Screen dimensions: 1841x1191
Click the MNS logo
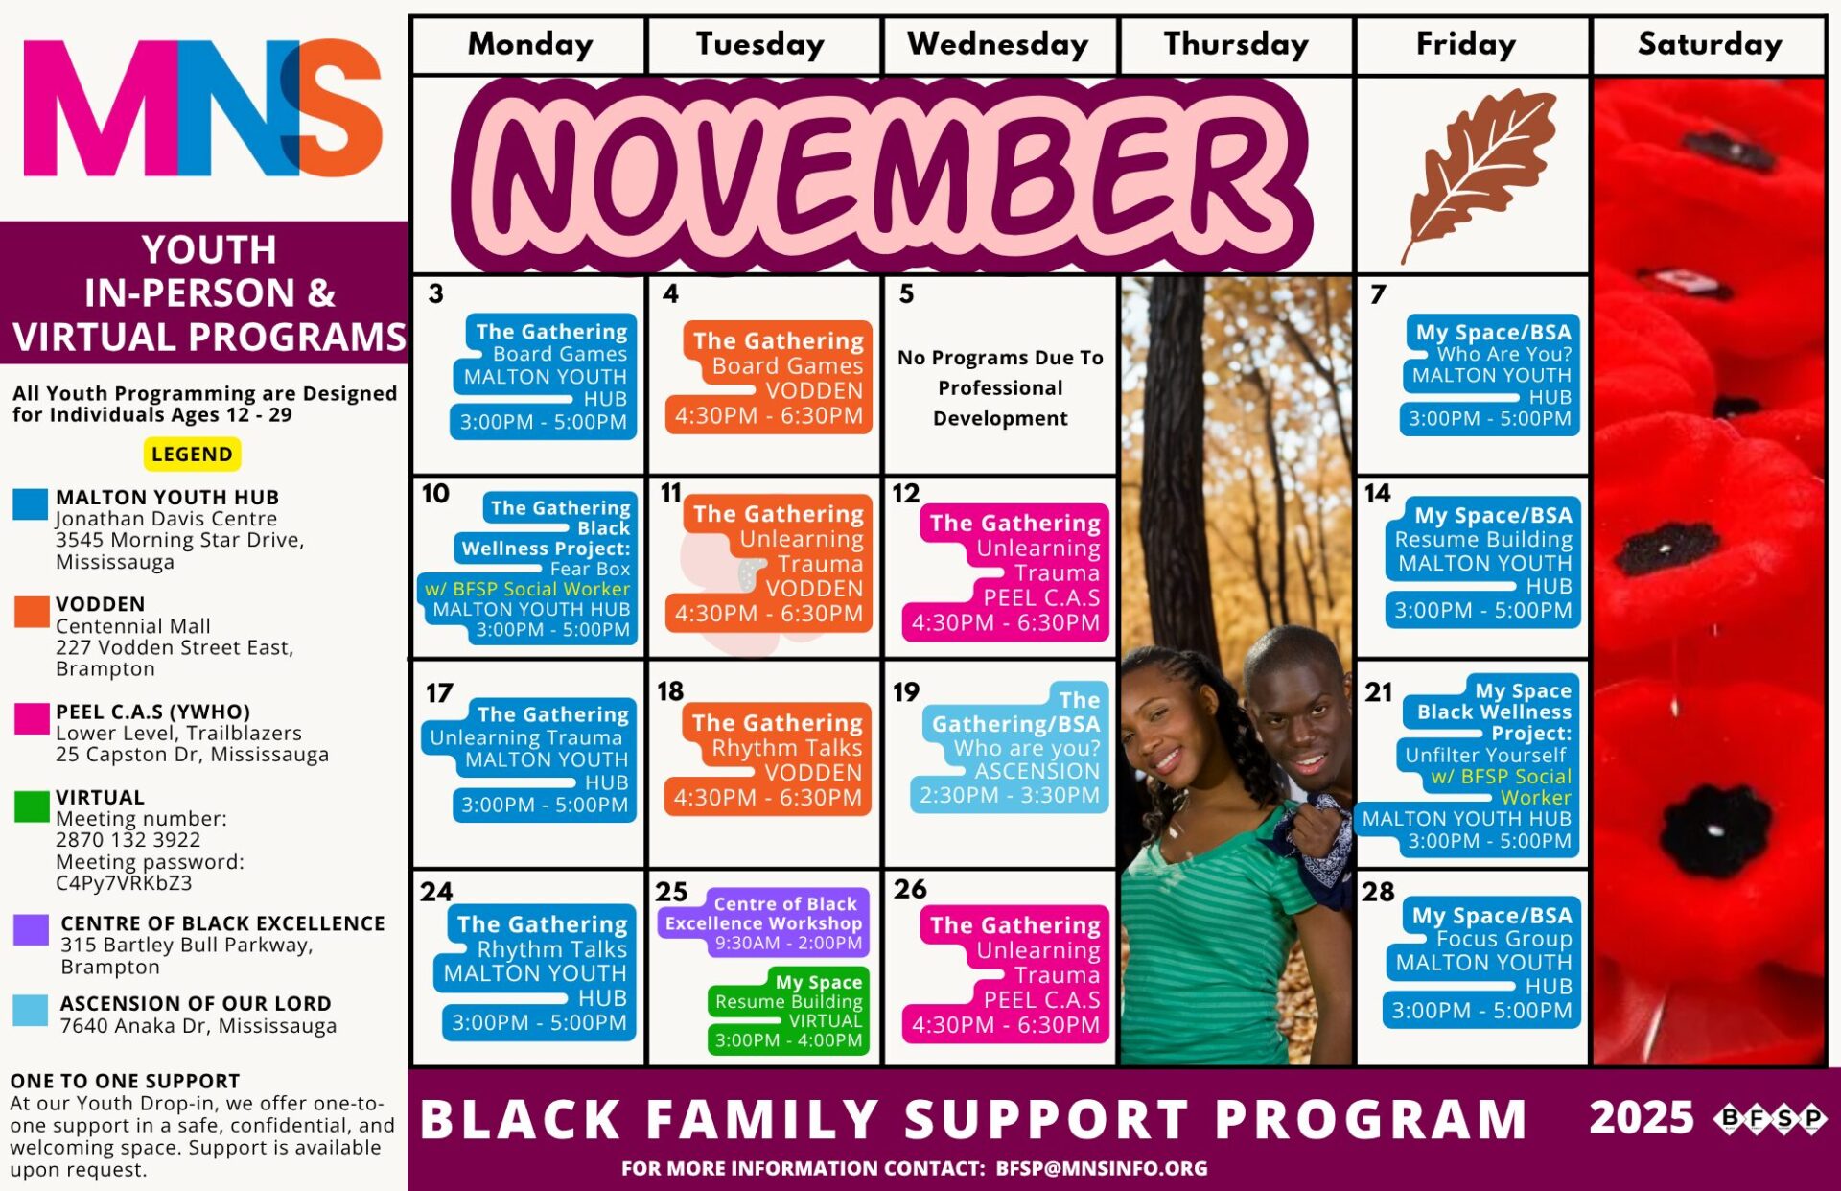click(x=202, y=107)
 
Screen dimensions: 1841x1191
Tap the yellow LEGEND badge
click(x=192, y=454)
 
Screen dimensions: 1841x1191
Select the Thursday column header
click(x=1236, y=44)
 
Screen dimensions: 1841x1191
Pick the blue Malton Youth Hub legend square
click(x=31, y=504)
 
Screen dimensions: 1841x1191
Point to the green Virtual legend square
click(x=32, y=806)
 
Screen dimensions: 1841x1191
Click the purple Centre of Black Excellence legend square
click(x=32, y=929)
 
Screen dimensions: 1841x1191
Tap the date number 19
click(x=906, y=691)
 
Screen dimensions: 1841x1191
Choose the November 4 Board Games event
click(x=768, y=378)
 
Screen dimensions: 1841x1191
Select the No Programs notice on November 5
click(x=1000, y=387)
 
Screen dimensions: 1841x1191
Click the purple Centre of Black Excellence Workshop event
click(x=763, y=923)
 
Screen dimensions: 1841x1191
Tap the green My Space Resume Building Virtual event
click(x=788, y=1011)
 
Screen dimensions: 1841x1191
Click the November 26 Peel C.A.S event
click(x=1006, y=974)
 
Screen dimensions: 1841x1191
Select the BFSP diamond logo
click(x=1772, y=1118)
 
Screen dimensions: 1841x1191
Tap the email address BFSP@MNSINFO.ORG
click(x=1102, y=1168)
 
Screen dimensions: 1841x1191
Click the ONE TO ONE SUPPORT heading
click(x=125, y=1081)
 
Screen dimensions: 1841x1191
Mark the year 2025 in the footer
click(x=1642, y=1118)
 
